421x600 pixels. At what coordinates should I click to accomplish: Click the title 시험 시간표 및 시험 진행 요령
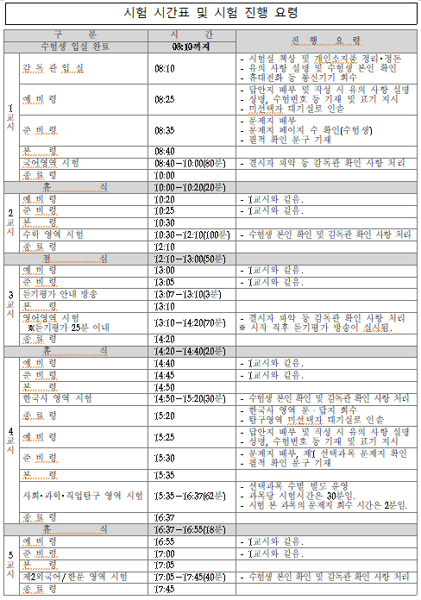point(210,13)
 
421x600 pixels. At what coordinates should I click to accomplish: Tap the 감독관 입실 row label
point(53,66)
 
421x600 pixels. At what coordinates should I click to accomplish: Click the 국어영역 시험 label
point(52,162)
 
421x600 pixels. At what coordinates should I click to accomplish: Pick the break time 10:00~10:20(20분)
point(190,186)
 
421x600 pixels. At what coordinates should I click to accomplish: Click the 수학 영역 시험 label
point(53,234)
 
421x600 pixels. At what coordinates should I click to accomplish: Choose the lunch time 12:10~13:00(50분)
point(190,258)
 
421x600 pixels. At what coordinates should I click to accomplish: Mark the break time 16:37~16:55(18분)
point(190,528)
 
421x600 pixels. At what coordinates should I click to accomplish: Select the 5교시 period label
point(10,565)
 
